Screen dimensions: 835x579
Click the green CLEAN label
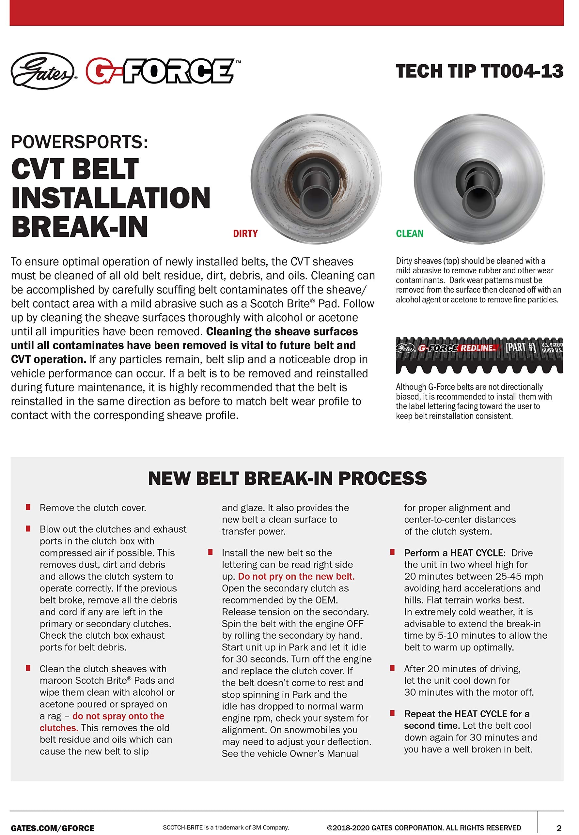click(x=410, y=234)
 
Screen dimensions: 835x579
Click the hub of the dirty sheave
click(x=315, y=189)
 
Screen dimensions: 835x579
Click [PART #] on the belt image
click(x=521, y=347)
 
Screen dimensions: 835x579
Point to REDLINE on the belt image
click(x=477, y=348)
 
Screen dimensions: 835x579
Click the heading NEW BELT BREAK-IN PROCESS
click(x=287, y=478)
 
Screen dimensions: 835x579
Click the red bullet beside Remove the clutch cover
click(x=28, y=507)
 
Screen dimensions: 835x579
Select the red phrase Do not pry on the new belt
click(x=296, y=576)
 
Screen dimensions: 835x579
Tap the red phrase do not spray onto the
click(x=118, y=716)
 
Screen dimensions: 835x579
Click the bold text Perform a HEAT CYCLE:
click(x=455, y=553)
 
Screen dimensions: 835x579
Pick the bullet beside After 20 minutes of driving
click(x=392, y=668)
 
